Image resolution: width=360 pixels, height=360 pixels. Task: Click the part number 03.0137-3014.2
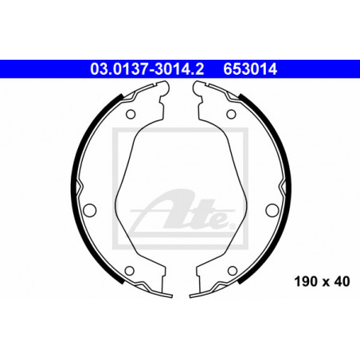click(x=147, y=69)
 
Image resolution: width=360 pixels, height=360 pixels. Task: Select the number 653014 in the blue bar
click(x=250, y=69)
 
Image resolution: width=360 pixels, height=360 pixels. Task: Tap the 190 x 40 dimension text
click(x=322, y=281)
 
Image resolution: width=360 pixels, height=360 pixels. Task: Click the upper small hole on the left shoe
click(x=131, y=115)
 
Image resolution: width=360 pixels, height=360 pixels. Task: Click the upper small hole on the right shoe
click(x=231, y=114)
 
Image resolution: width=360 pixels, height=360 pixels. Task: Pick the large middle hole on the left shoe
click(x=89, y=210)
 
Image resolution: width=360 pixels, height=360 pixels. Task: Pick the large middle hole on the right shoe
click(x=272, y=210)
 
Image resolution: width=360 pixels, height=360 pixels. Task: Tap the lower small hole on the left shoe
click(x=129, y=271)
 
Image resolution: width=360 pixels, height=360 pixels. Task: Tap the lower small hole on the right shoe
click(x=233, y=271)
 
